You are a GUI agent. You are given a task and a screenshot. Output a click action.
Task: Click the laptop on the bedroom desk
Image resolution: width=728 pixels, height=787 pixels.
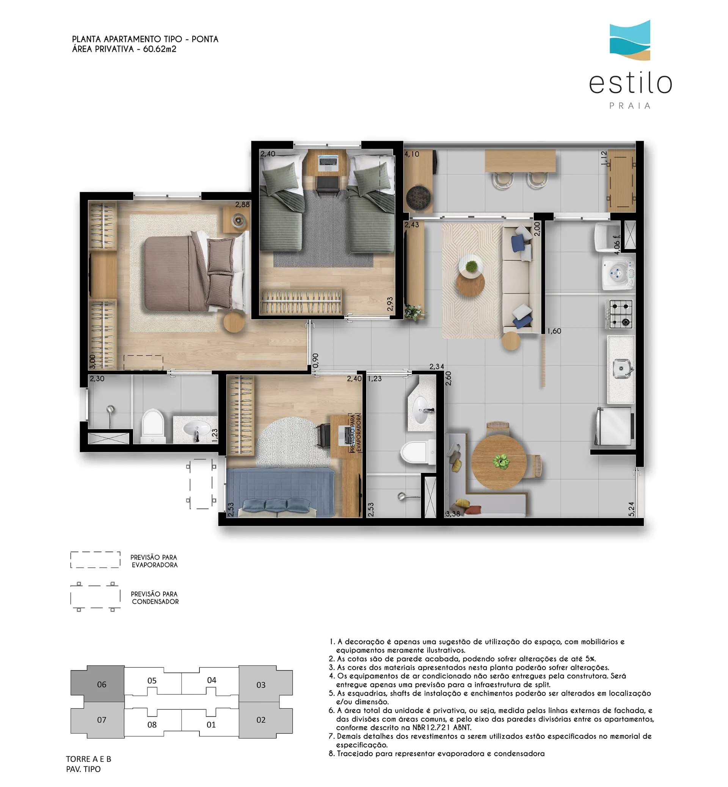coord(328,162)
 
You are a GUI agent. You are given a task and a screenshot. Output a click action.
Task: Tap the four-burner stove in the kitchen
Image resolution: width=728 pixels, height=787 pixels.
coord(620,314)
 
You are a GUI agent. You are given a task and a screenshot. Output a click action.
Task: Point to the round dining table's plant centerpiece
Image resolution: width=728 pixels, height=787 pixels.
coord(501,461)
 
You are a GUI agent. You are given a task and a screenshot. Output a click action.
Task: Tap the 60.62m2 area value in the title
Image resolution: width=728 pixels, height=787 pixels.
coord(160,49)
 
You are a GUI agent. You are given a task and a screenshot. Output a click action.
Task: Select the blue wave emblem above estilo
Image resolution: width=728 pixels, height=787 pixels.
coord(630,40)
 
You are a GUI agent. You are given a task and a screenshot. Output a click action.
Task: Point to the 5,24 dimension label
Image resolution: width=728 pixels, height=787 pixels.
coord(631,508)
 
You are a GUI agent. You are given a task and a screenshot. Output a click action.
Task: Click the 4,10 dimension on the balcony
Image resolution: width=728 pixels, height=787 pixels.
coord(412,154)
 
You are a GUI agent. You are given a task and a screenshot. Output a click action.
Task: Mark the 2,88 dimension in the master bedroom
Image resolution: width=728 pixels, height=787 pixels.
coord(242,204)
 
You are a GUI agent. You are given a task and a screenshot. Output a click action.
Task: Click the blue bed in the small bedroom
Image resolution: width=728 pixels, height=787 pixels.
coord(281,493)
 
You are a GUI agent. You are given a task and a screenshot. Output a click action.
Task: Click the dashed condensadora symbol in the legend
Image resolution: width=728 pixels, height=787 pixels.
coord(95,597)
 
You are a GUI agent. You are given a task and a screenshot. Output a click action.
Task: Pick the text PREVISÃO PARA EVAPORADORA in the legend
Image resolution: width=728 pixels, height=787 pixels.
coord(154,561)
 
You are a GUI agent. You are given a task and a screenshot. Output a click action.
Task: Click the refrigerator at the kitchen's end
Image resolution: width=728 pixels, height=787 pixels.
coord(615,427)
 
